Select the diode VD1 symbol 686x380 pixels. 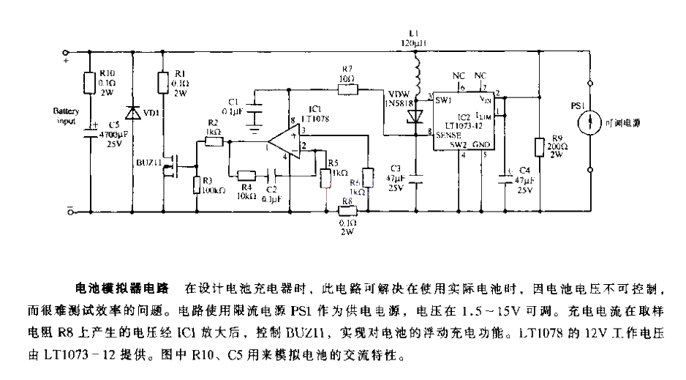[x=132, y=113]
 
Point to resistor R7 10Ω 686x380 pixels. [x=347, y=90]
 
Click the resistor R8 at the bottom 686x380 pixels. [x=347, y=212]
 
